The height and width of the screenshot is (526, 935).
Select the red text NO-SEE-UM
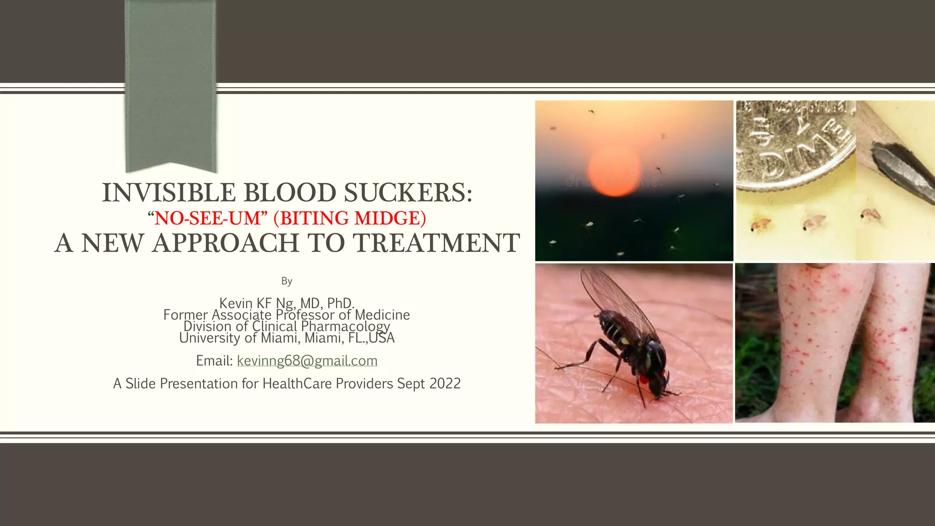tap(207, 218)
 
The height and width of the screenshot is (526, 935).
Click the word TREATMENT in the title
tap(437, 243)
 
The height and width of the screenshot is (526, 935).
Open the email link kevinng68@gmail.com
tap(307, 361)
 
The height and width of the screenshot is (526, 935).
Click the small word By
tap(287, 281)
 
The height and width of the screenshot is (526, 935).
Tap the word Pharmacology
tap(345, 326)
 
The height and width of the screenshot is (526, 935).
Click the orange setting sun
tap(614, 170)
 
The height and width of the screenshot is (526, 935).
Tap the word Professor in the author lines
tap(305, 315)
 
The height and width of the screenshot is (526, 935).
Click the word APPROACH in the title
tap(226, 243)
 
